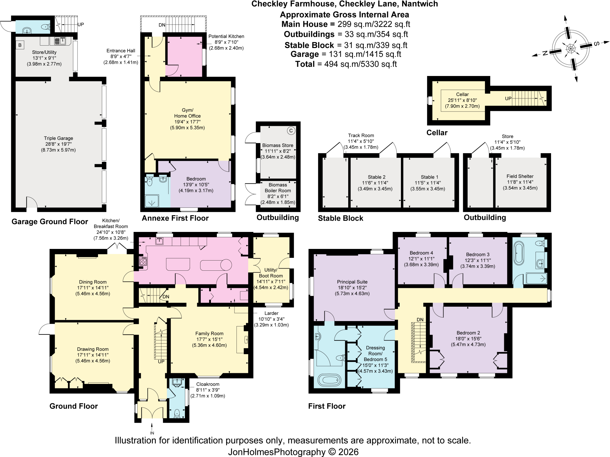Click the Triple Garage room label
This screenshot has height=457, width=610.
58,144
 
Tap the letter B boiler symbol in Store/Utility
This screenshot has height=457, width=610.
20,45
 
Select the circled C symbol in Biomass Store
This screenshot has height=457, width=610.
291,131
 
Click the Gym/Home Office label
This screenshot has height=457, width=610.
187,119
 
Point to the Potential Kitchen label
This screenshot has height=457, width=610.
226,42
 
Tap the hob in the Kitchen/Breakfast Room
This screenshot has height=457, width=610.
143,261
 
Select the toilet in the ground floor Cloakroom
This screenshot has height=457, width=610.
177,413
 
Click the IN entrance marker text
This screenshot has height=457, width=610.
152,433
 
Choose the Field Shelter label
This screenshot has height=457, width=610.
520,182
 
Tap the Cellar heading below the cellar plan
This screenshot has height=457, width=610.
437,133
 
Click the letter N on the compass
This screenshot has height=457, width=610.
545,53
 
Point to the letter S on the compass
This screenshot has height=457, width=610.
597,44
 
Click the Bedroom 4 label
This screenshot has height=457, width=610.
421,259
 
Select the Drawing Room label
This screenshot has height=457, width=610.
93,355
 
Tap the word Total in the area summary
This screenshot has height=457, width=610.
305,64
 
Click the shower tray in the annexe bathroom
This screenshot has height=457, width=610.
152,201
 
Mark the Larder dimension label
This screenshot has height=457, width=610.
271,319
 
